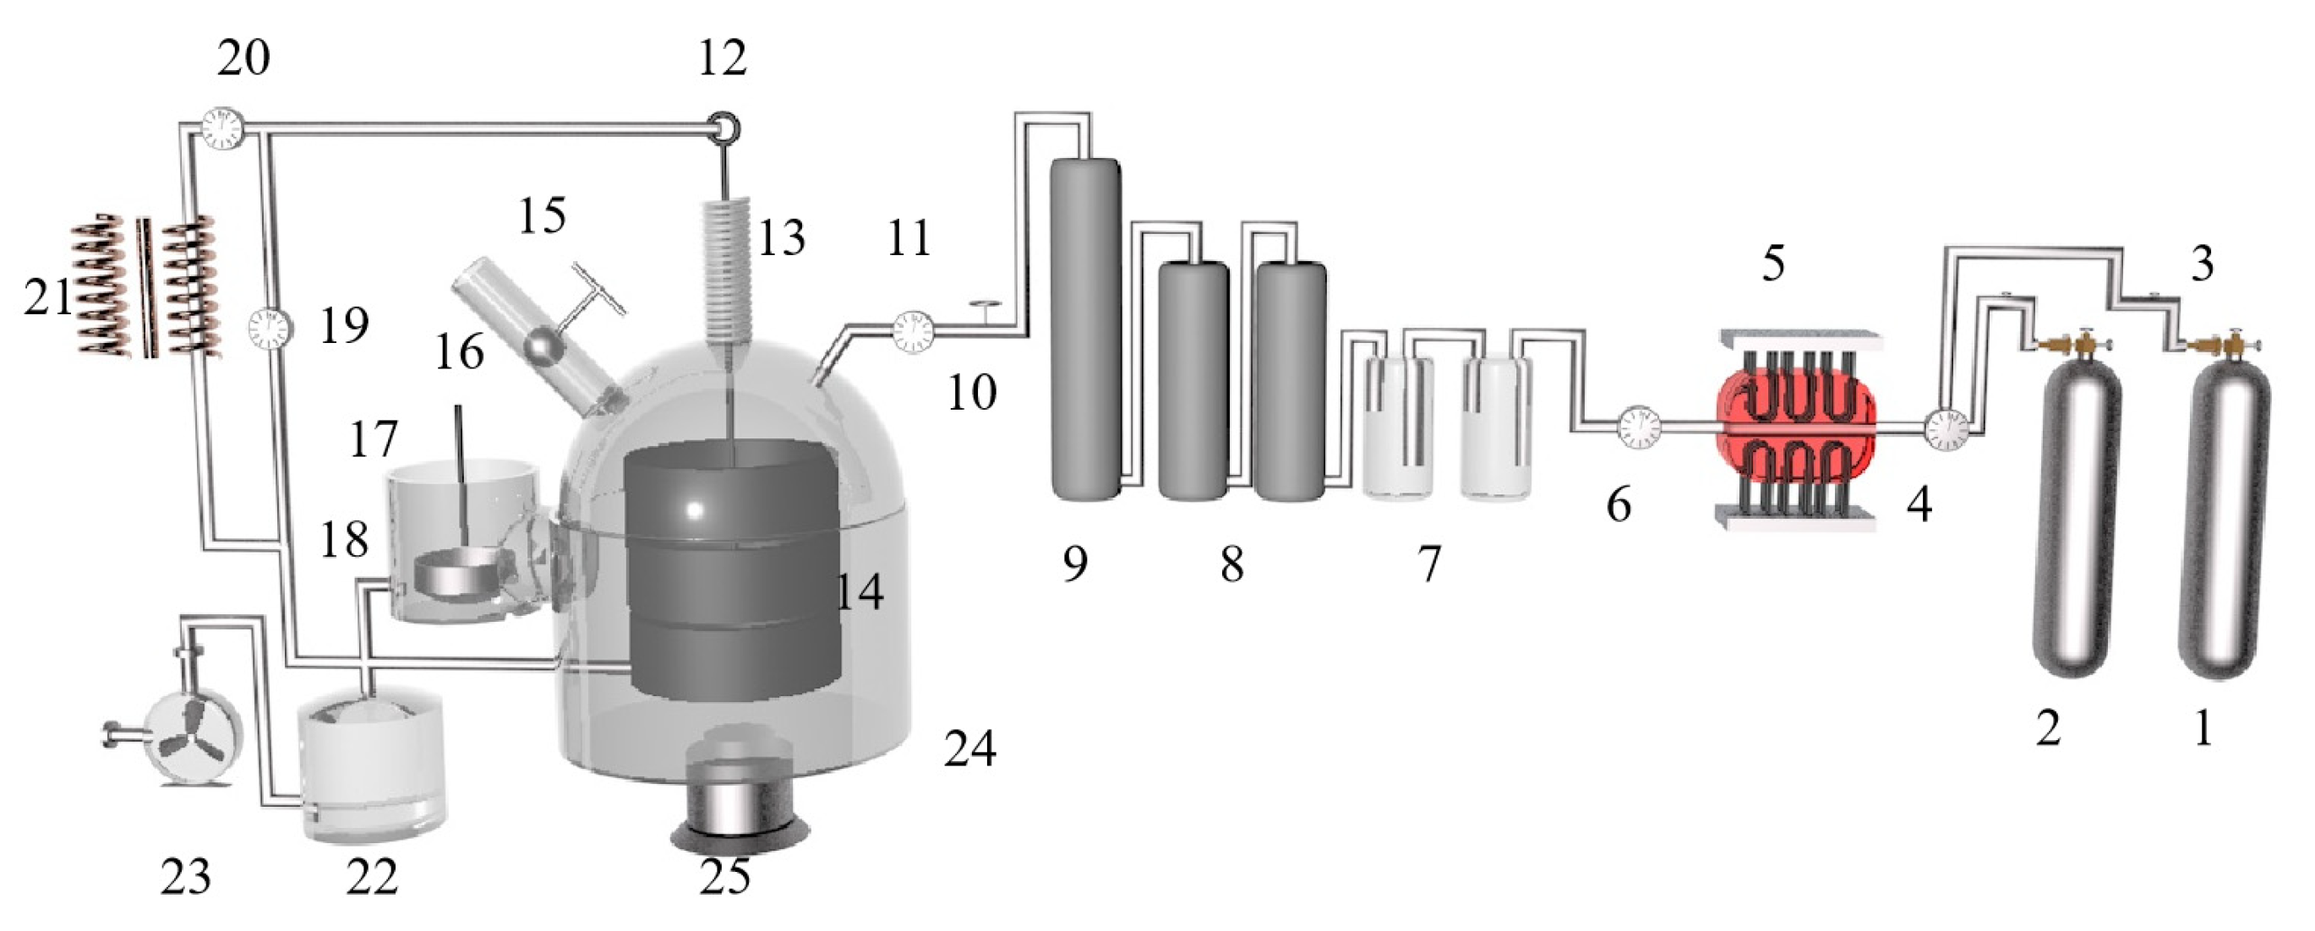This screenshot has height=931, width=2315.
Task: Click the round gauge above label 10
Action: [x=913, y=333]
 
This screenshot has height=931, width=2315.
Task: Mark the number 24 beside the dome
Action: [x=969, y=748]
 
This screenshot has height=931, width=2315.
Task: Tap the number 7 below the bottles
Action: [x=1430, y=564]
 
